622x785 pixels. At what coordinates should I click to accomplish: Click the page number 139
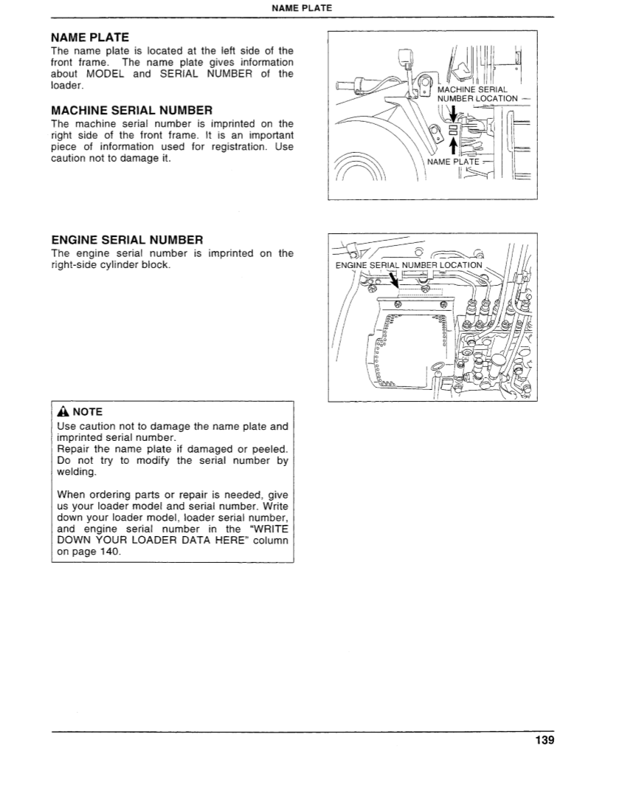click(x=543, y=740)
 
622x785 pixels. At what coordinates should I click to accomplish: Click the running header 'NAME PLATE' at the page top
click(x=302, y=9)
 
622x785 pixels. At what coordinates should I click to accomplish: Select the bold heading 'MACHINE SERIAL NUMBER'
click(x=131, y=111)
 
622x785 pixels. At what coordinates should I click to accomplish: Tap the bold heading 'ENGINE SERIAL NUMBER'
click(x=127, y=240)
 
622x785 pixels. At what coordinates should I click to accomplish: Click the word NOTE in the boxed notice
click(x=88, y=412)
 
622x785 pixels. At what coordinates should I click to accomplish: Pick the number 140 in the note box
click(x=107, y=552)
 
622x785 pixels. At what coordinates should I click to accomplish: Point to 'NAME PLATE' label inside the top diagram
click(x=453, y=162)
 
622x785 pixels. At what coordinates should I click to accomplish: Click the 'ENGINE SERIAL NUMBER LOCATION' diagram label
click(x=408, y=265)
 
